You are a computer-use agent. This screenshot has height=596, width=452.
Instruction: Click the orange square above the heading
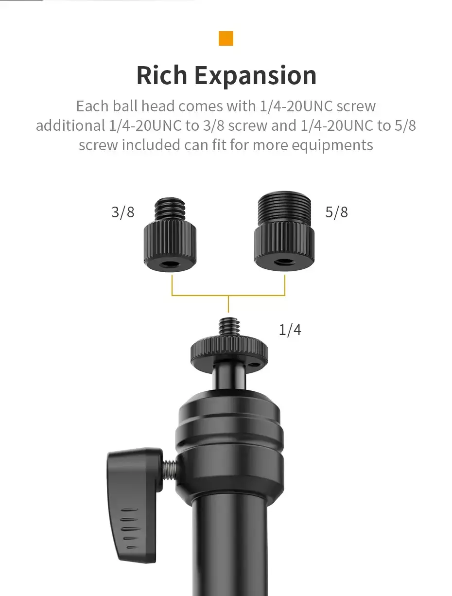click(226, 38)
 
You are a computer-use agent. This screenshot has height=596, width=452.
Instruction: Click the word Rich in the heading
click(162, 75)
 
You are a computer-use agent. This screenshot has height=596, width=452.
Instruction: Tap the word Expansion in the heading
click(256, 76)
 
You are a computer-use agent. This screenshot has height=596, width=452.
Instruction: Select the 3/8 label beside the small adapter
click(122, 212)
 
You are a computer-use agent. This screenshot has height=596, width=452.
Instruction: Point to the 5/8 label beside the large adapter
click(336, 212)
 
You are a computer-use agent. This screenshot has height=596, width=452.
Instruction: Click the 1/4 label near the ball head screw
click(290, 330)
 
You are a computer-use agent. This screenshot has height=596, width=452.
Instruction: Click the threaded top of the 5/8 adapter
click(284, 209)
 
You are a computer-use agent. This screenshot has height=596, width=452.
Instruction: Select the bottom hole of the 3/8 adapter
click(170, 263)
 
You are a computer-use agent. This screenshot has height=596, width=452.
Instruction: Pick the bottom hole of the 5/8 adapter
click(284, 263)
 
